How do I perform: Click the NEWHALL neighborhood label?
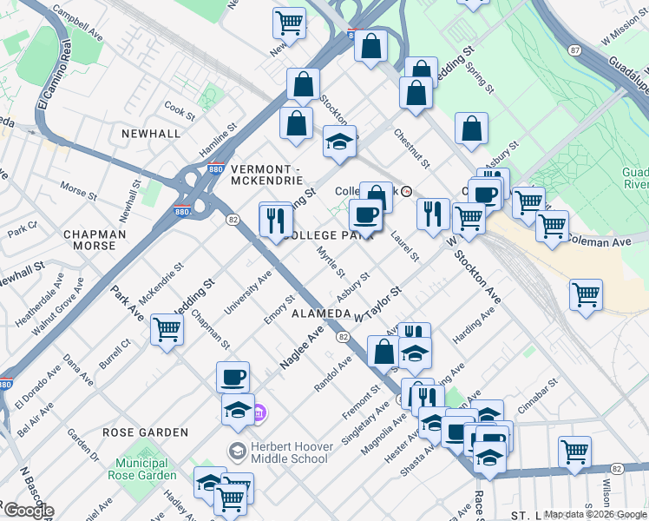click(151, 134)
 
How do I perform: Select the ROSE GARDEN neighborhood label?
click(145, 432)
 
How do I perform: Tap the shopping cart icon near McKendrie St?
click(167, 329)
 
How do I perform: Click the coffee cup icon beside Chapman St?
click(233, 378)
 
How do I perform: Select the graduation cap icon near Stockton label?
click(339, 142)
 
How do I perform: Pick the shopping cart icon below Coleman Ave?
click(587, 294)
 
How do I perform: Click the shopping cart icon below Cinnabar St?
click(574, 452)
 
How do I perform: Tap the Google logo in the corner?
click(28, 511)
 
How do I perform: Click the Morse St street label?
click(79, 188)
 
